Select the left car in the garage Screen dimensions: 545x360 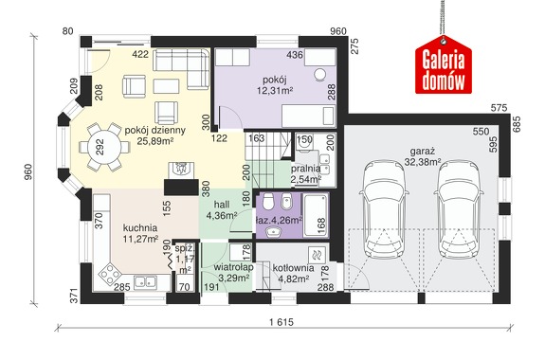click(384, 209)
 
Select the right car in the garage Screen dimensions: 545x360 click(459, 209)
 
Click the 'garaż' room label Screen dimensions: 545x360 click(423, 152)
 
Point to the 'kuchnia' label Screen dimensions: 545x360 click(140, 228)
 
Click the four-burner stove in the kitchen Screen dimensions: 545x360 click(110, 274)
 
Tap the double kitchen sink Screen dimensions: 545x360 click(145, 281)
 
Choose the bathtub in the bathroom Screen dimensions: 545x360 click(316, 215)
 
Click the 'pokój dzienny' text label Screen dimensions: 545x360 click(155, 131)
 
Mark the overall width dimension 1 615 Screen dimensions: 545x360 click(282, 322)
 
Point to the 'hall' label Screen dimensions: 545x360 click(222, 205)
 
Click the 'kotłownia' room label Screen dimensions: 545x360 click(294, 268)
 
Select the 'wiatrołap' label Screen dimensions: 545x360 click(233, 267)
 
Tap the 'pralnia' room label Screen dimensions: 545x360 click(305, 169)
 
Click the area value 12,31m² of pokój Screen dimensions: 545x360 click(275, 91)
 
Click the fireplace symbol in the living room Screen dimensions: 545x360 click(181, 170)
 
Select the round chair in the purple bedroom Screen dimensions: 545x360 click(319, 74)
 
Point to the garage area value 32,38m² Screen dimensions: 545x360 click(423, 162)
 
